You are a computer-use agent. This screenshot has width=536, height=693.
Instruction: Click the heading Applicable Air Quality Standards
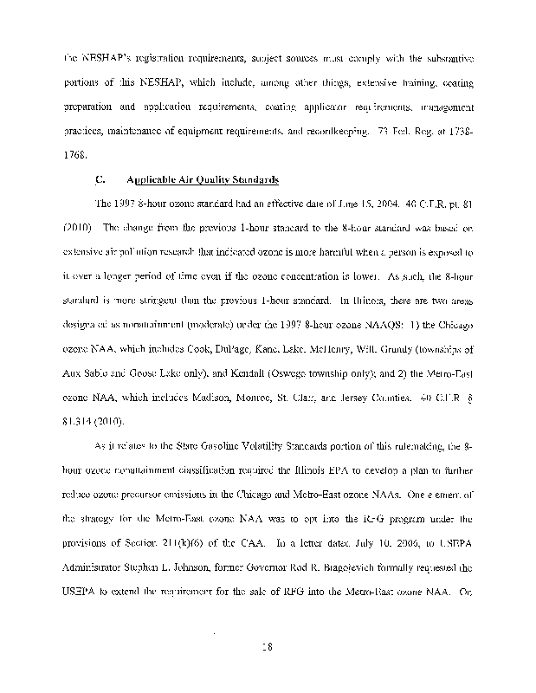point(202,180)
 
